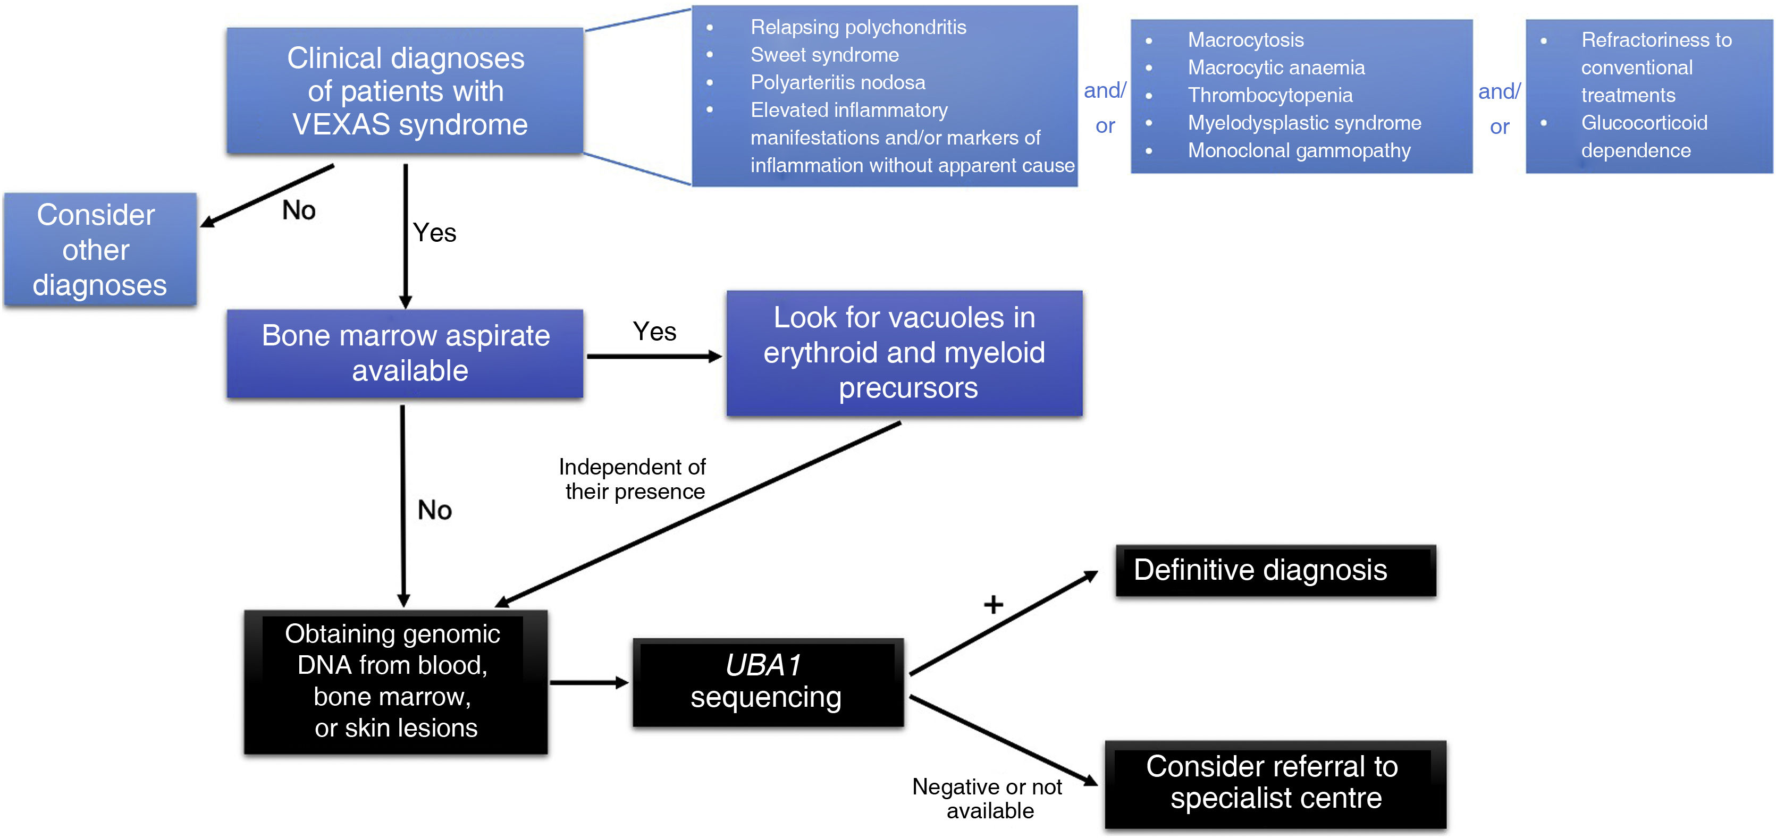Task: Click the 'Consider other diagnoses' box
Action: (x=100, y=249)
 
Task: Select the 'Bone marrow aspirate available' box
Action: (x=406, y=353)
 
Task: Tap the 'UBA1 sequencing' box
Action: (x=768, y=682)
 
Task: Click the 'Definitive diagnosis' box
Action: (x=1275, y=571)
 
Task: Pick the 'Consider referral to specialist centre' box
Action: (x=1275, y=784)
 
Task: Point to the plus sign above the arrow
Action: (x=993, y=604)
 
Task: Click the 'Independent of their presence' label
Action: (x=633, y=479)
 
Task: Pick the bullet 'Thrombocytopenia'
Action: (x=1269, y=95)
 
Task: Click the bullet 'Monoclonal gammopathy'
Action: (x=1298, y=150)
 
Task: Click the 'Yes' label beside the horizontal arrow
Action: (x=654, y=332)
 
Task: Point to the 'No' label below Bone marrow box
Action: (x=434, y=510)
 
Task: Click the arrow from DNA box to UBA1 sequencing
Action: (x=590, y=682)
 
